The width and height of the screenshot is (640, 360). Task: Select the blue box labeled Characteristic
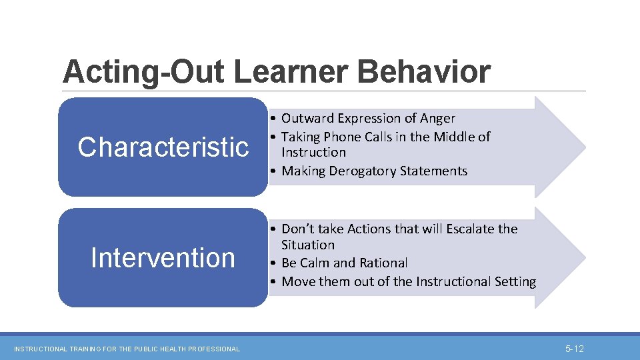point(163,147)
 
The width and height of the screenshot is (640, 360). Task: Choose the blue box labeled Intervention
point(163,258)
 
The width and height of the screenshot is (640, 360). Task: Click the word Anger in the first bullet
point(437,119)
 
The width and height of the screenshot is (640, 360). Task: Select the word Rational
point(383,263)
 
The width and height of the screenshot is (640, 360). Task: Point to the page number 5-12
point(574,349)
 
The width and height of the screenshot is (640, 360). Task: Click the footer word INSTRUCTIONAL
point(41,349)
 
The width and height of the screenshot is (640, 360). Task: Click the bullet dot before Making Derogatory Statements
point(274,171)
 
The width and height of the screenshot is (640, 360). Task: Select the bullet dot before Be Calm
point(274,263)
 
